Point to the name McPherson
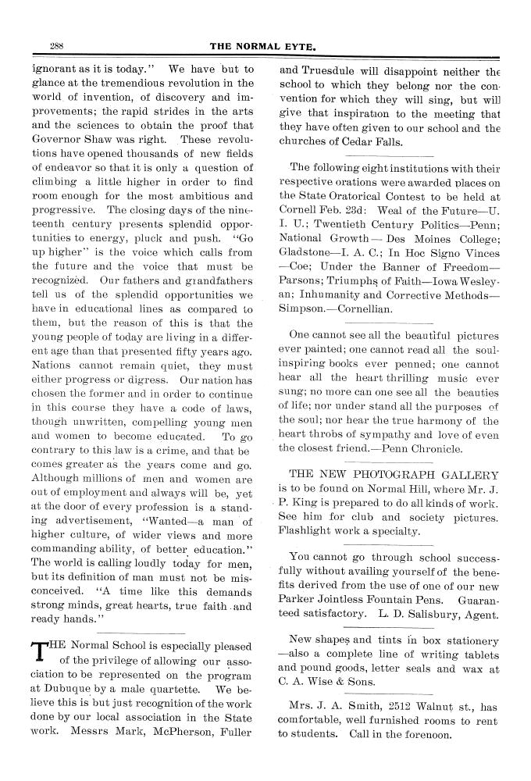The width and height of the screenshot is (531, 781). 167,732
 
